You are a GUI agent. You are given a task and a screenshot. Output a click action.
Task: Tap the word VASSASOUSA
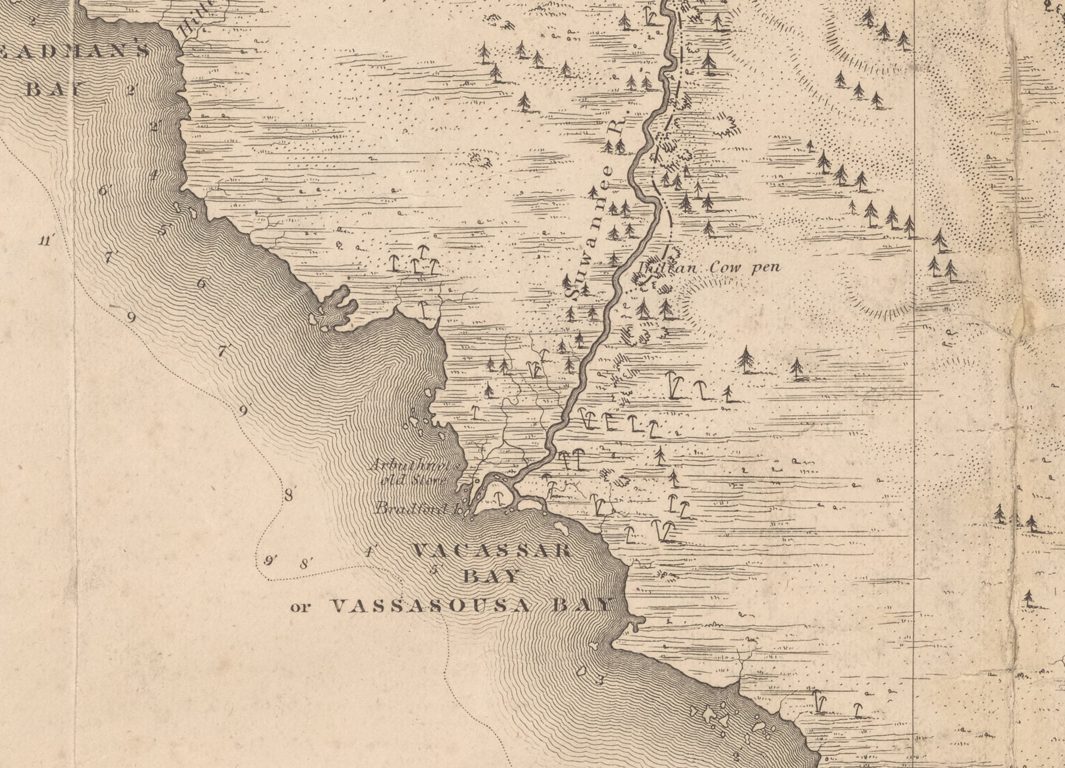coord(431,606)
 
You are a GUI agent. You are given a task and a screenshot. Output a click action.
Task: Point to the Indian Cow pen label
coord(709,267)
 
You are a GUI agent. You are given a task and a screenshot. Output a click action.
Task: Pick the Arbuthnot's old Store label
coord(415,473)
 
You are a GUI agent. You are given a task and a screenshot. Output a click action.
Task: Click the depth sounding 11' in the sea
coord(46,240)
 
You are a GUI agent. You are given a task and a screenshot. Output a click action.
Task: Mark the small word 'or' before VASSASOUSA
coord(300,607)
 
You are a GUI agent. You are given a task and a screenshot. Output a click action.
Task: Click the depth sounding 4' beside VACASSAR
coord(368,552)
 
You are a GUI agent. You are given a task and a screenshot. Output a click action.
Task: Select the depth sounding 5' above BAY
coord(435,569)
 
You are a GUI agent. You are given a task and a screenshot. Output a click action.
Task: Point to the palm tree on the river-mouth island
coord(499,498)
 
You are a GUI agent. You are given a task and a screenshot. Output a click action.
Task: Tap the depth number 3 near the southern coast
coord(600,680)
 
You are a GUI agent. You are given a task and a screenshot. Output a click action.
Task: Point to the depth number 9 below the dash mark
coord(131,318)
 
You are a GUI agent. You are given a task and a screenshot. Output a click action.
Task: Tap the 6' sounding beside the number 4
coord(103,190)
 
